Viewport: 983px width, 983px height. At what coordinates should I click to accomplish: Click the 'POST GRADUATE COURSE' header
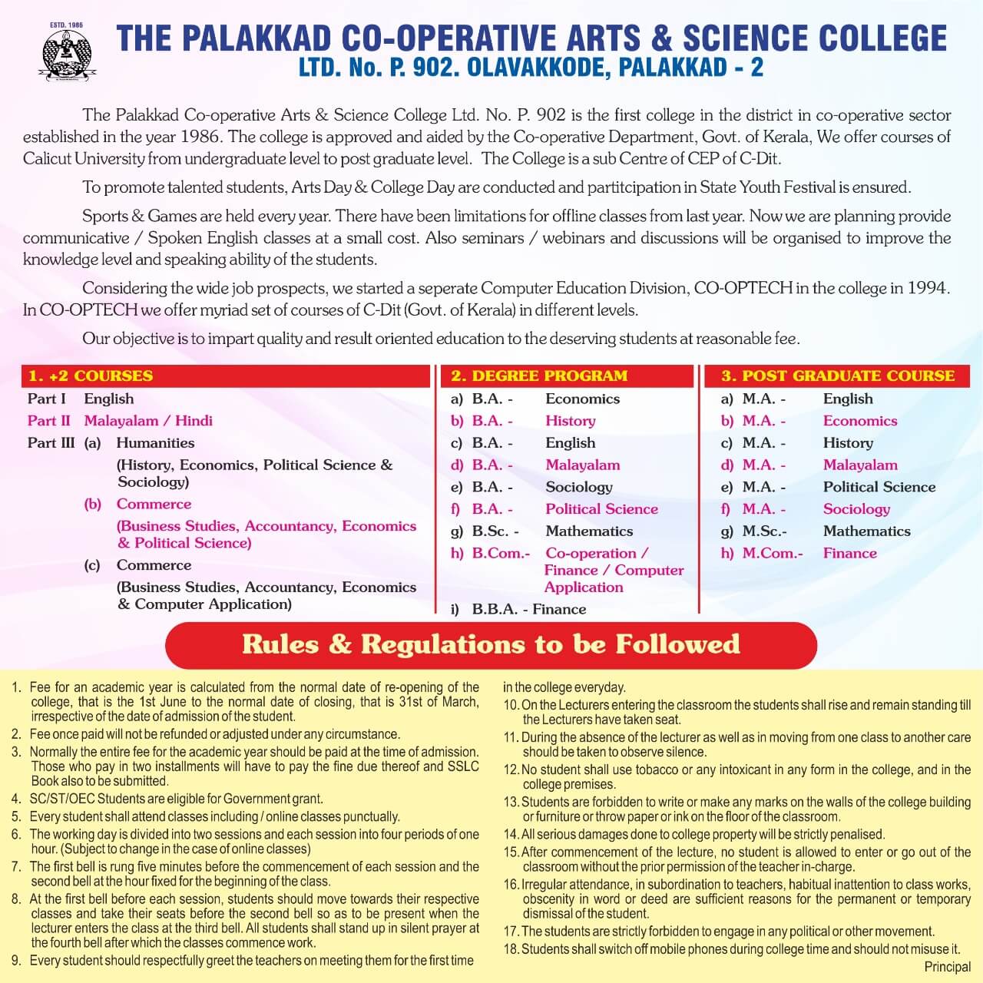tap(838, 376)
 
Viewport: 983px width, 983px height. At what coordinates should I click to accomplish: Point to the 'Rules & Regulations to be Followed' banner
tap(491, 644)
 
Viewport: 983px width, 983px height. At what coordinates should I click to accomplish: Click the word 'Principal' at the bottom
tap(948, 967)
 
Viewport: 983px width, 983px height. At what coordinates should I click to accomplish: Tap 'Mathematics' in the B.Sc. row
tap(589, 531)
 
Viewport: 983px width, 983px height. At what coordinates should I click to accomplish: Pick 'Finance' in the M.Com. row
tap(849, 553)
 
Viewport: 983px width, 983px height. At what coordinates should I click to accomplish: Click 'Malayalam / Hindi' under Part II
tap(148, 421)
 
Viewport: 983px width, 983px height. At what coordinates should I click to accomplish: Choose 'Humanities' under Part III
tap(155, 443)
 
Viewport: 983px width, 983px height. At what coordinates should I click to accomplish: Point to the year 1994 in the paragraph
tap(928, 289)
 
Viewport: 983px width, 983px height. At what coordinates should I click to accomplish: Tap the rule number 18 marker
tap(511, 949)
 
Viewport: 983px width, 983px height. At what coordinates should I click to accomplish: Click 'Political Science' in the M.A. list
tap(879, 487)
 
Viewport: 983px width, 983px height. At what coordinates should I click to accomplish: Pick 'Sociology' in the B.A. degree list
tap(579, 487)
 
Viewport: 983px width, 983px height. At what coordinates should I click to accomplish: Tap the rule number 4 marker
tap(16, 799)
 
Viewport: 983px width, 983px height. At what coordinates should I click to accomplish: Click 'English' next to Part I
tap(108, 399)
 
